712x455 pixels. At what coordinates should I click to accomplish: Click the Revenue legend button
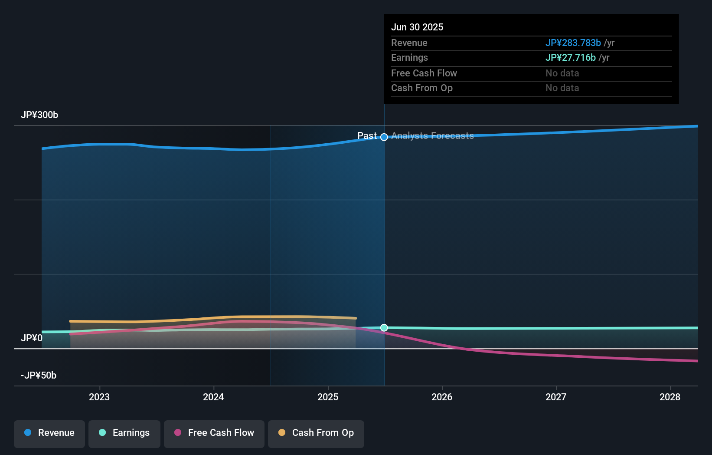[x=49, y=433]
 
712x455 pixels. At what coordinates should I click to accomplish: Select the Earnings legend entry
[x=124, y=433]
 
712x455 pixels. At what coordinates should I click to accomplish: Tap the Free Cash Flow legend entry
[x=214, y=433]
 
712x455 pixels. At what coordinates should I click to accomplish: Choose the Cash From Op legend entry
[x=316, y=433]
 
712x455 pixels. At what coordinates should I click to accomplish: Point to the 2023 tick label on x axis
[x=99, y=397]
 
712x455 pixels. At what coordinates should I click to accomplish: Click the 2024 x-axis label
[x=213, y=397]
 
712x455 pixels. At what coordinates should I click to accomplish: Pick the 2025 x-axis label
[x=328, y=397]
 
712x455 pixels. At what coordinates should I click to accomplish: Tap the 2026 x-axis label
[x=442, y=397]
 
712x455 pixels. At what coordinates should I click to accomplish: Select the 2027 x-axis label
[x=556, y=397]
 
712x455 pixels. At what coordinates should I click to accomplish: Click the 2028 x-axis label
[x=670, y=397]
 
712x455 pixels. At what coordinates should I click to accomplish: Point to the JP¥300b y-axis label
[x=39, y=115]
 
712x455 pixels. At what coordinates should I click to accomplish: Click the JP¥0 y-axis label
[x=32, y=338]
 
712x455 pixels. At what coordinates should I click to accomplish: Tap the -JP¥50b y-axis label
[x=39, y=376]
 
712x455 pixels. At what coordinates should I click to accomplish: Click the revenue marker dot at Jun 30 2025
[x=384, y=137]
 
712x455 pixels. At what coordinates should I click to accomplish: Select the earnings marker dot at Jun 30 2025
[x=384, y=328]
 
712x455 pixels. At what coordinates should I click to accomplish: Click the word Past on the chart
[x=367, y=136]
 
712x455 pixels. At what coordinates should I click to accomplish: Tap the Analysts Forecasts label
[x=432, y=136]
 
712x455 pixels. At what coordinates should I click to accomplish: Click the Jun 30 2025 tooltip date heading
[x=417, y=27]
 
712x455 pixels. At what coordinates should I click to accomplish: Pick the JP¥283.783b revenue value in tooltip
[x=573, y=43]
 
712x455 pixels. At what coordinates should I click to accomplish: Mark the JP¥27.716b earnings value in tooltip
[x=570, y=58]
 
